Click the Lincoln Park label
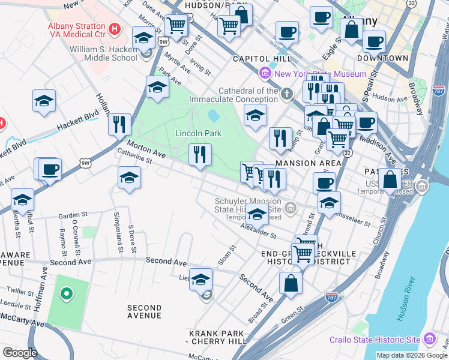pos(198,133)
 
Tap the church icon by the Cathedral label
pos(287,94)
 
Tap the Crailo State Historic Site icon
pos(430,340)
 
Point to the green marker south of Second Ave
pos(67,294)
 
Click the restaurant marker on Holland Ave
pos(119,124)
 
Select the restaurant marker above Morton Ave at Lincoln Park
pos(200,154)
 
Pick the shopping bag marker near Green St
pos(291,283)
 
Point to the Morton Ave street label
pos(145,148)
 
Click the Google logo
pos(20,353)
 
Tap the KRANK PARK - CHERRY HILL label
pos(217,337)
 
